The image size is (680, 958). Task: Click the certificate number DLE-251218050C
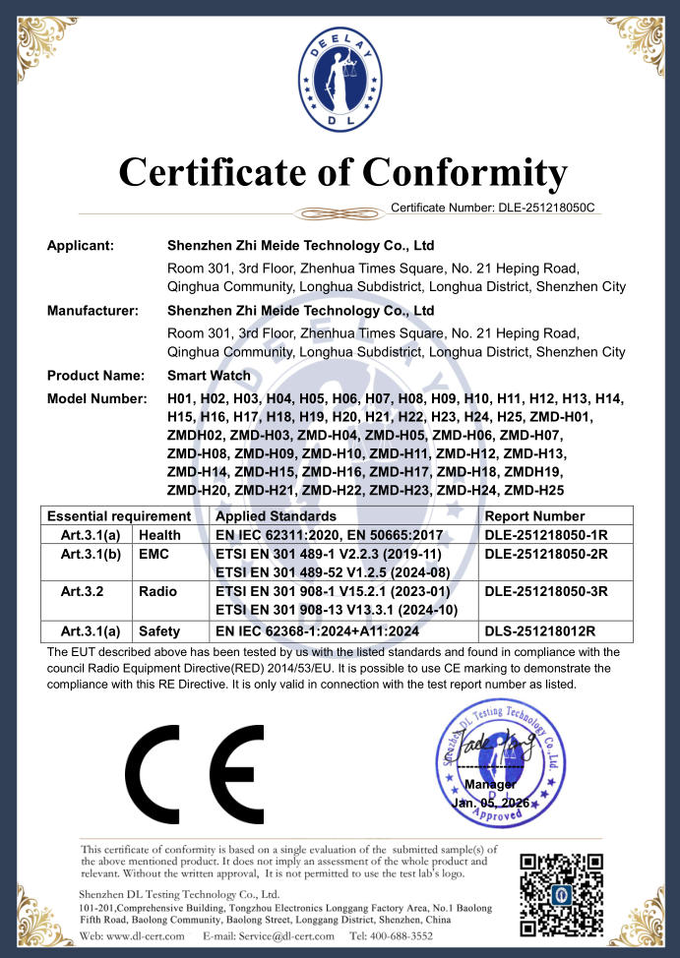coord(546,208)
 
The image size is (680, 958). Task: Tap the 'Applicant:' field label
coord(81,245)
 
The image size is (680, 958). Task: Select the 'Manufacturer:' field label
coord(93,311)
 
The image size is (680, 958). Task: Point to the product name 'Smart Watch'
coord(209,376)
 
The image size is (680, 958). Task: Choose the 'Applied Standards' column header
coord(276,516)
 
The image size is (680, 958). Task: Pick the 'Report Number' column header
coord(535,516)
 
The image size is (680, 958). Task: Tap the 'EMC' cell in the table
coord(155,555)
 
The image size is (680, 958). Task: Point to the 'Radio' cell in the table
coord(157,592)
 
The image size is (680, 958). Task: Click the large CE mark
coord(194,772)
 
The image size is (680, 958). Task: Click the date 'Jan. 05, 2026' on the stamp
coord(490,804)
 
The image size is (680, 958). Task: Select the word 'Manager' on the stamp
coord(489,785)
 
